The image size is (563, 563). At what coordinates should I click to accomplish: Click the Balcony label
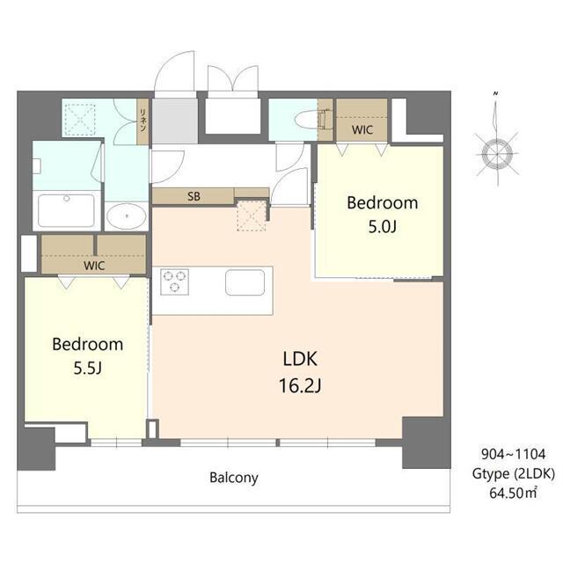(234, 478)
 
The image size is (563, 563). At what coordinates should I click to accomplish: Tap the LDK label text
(300, 359)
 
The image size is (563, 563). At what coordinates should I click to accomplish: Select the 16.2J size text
(300, 386)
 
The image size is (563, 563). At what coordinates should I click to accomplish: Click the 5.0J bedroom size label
(383, 227)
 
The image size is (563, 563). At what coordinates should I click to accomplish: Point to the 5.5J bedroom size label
(88, 368)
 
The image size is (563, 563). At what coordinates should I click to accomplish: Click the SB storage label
(194, 196)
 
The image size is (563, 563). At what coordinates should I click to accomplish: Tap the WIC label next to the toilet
(362, 129)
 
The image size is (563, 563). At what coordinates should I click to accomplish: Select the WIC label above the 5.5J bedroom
(94, 266)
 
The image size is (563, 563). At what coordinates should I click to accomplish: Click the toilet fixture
(310, 120)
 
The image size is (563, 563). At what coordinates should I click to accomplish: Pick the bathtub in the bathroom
(67, 210)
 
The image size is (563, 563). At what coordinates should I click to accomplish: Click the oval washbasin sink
(127, 216)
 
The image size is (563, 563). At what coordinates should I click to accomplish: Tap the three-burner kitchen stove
(174, 281)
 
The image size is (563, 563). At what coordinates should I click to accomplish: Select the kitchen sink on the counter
(245, 282)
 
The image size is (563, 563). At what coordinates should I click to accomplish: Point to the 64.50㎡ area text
(513, 493)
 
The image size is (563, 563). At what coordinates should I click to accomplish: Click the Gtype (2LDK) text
(514, 474)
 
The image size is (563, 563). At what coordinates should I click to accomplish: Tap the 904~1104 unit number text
(514, 454)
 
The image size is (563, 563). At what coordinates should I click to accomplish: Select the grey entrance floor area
(175, 121)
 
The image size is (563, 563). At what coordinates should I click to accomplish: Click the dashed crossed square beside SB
(252, 216)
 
